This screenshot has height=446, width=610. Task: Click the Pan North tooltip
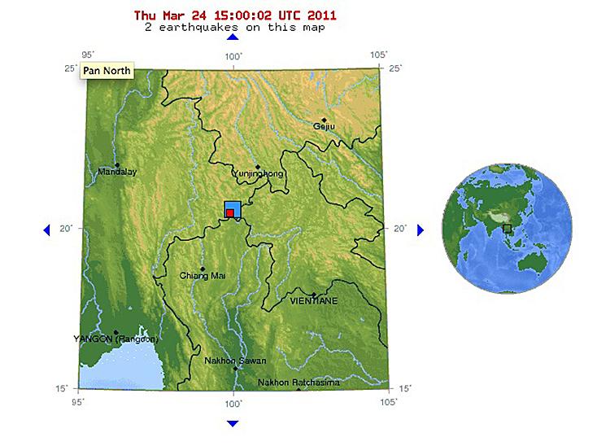[x=107, y=71]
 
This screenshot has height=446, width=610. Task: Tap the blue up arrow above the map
[x=233, y=36]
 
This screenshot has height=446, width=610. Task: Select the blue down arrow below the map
[x=233, y=423]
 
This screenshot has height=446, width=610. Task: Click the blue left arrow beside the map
[x=46, y=230]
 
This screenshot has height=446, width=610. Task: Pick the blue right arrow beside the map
[x=420, y=230]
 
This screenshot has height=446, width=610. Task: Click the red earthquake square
[x=230, y=213]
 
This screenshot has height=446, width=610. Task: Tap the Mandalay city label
[x=117, y=172]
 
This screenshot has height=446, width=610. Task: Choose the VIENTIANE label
[x=313, y=300]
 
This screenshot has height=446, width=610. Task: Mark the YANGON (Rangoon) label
[x=115, y=339]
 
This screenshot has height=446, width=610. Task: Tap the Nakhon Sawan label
[x=235, y=361]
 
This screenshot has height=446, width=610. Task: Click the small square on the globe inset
[x=508, y=230]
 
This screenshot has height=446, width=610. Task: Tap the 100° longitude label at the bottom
[x=233, y=402]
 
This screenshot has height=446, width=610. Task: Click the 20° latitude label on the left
[x=66, y=229]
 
